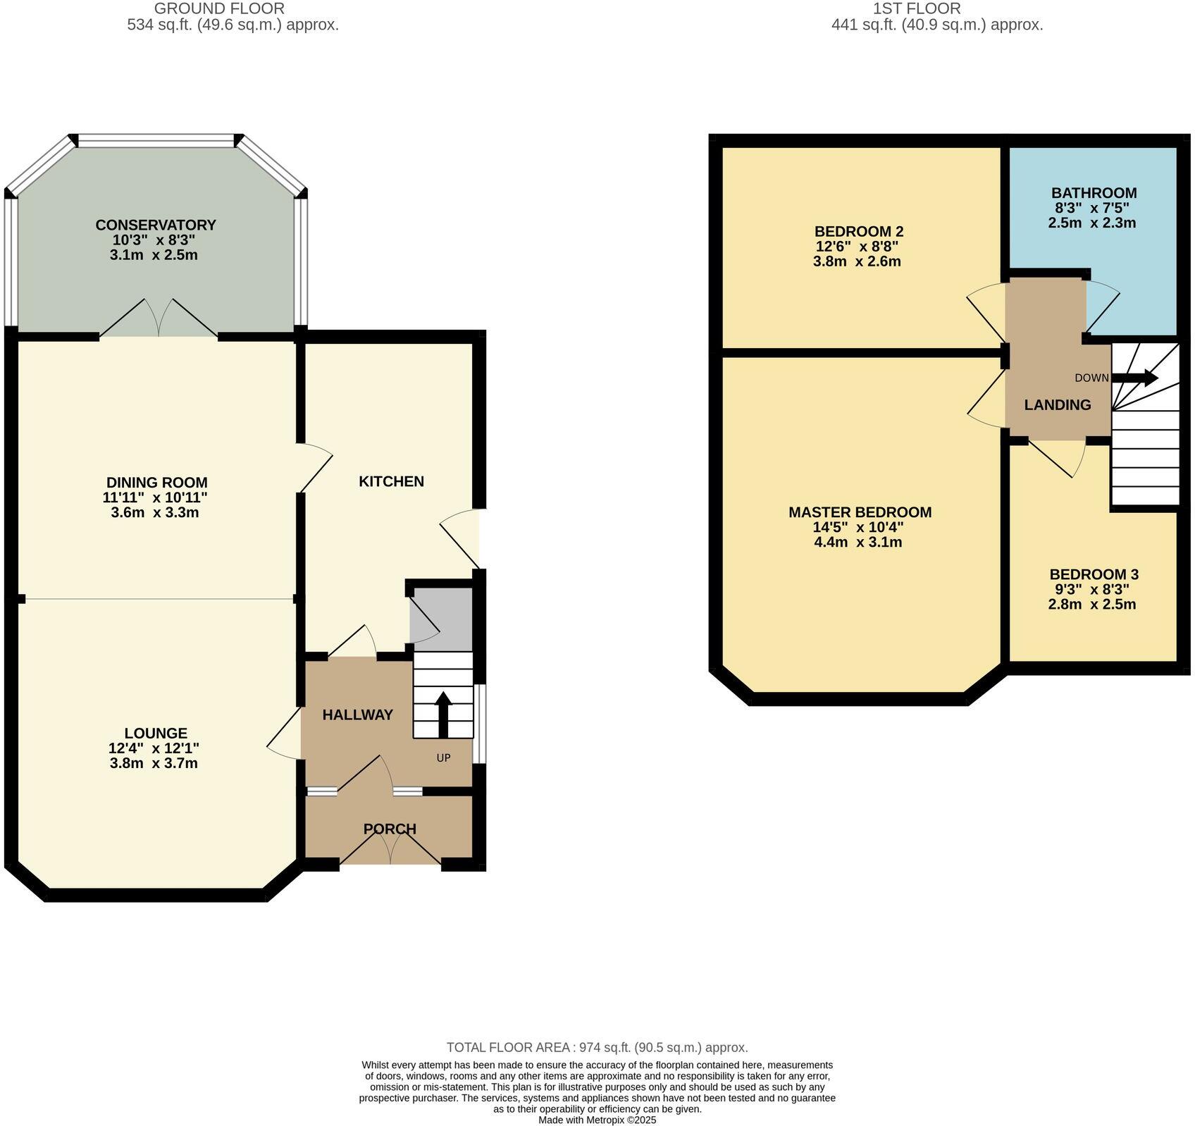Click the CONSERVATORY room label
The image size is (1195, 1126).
(x=155, y=225)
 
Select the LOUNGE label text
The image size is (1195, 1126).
(x=156, y=734)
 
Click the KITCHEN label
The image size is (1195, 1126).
(x=391, y=481)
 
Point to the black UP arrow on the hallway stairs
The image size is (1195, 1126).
(x=443, y=713)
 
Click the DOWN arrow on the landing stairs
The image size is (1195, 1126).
(x=1134, y=378)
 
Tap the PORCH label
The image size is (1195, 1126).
(x=390, y=829)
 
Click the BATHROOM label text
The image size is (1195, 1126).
(x=1094, y=193)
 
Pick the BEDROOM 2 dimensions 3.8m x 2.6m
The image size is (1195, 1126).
(x=857, y=261)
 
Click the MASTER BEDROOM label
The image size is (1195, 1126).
(x=860, y=512)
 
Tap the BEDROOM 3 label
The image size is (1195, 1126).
(x=1094, y=574)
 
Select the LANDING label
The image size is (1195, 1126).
(x=1057, y=405)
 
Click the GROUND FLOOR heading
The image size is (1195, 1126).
(x=219, y=8)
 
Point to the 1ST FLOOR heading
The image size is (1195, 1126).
(x=916, y=8)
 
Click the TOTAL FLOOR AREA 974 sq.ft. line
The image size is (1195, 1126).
(x=597, y=1048)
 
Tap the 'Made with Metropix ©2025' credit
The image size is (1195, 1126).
(x=597, y=1120)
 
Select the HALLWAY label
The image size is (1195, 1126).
(x=357, y=714)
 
